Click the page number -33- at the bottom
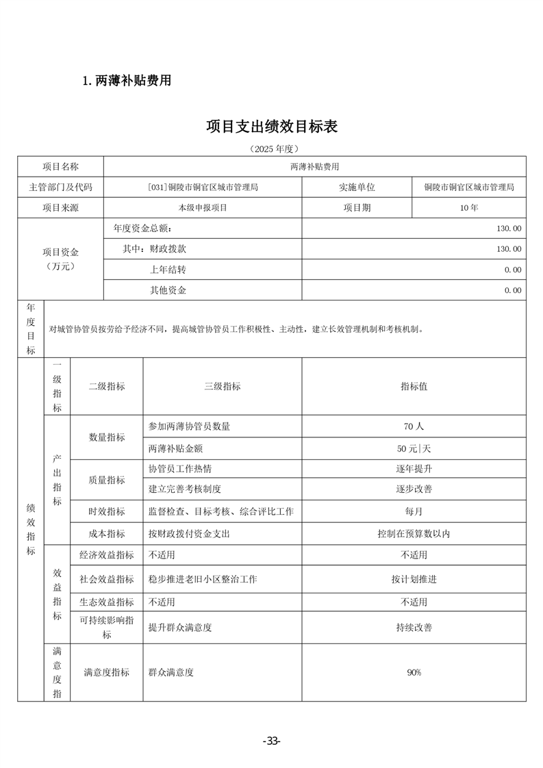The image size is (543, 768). tap(272, 741)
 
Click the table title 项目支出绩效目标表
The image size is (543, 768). tap(272, 127)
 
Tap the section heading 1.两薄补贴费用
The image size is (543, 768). tap(126, 81)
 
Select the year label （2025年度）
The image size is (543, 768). tap(272, 149)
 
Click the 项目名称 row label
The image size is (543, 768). tap(60, 166)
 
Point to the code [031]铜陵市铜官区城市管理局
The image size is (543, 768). tap(203, 187)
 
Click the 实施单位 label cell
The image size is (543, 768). tap(357, 187)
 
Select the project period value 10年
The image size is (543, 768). tap(469, 207)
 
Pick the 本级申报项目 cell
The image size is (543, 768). tap(203, 207)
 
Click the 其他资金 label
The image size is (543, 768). tap(168, 290)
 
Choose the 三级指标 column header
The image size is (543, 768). tap(223, 386)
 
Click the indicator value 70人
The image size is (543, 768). tap(414, 426)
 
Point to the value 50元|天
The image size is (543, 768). tap(414, 449)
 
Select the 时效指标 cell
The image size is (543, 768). tap(107, 511)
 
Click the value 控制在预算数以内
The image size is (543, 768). tap(414, 533)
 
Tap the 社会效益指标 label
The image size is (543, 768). tap(107, 579)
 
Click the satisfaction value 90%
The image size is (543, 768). tap(414, 672)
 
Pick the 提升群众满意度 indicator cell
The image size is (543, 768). tap(180, 626)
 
